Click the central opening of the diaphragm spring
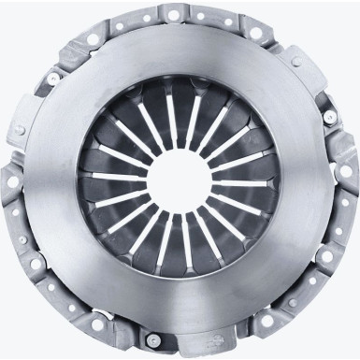[180, 180]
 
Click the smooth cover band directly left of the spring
[61, 180]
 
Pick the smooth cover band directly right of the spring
[299, 180]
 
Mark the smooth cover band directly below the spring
[180, 299]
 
